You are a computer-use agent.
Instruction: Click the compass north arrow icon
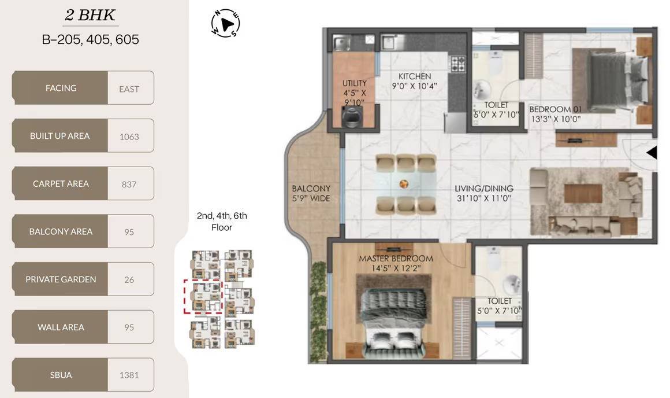point(225,23)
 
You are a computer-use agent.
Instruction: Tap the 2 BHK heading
point(90,15)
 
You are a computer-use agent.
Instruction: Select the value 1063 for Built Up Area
point(129,137)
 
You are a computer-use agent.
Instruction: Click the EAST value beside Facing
point(129,89)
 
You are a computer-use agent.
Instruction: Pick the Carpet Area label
point(61,183)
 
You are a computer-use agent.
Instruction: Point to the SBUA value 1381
point(129,375)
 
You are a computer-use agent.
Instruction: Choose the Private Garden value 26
point(129,279)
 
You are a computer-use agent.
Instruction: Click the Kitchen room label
point(415,76)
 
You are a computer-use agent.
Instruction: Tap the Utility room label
point(354,83)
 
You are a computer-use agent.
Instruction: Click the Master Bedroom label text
point(396,259)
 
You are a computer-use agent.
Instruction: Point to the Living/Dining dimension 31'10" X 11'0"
point(483,198)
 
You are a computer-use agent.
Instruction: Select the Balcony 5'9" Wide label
point(311,193)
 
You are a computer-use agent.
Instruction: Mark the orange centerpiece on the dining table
point(404,184)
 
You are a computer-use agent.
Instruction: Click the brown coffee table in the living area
point(583,193)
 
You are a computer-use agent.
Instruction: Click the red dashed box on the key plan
point(203,297)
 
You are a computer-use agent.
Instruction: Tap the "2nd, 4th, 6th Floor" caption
point(222,221)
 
